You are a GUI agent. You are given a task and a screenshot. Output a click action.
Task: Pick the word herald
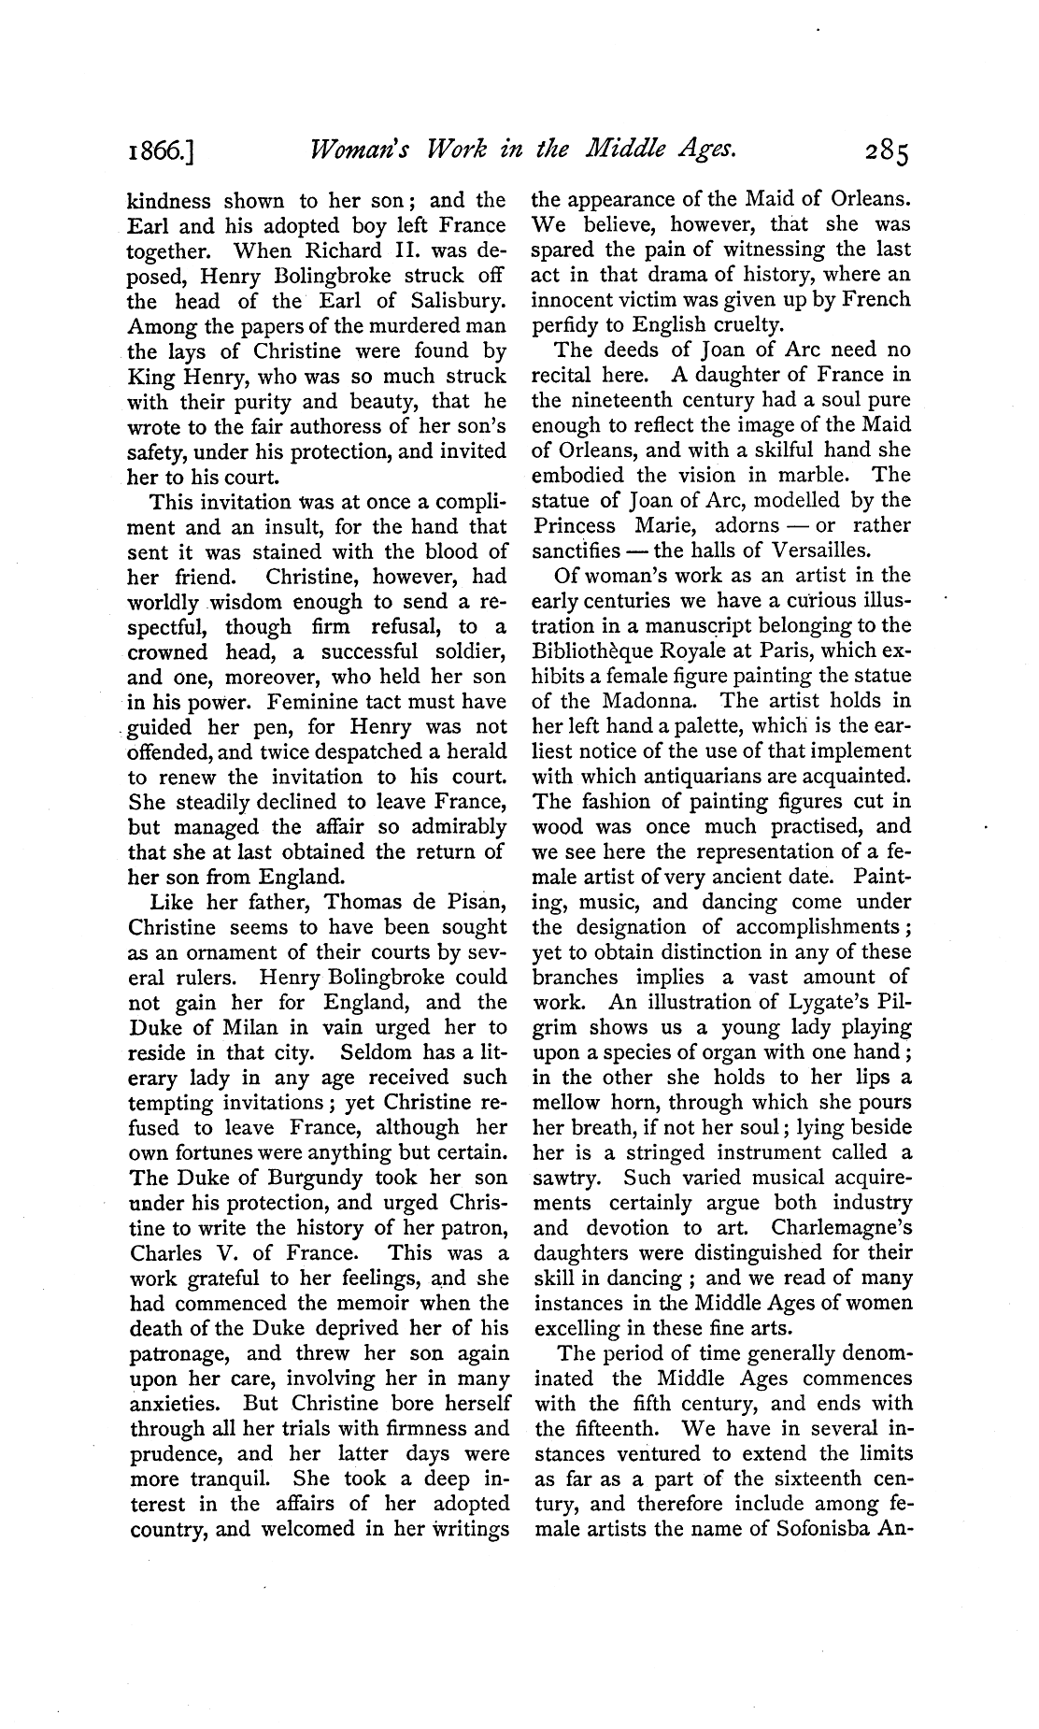click(x=476, y=751)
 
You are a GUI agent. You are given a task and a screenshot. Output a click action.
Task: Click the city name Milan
click(x=236, y=1028)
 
